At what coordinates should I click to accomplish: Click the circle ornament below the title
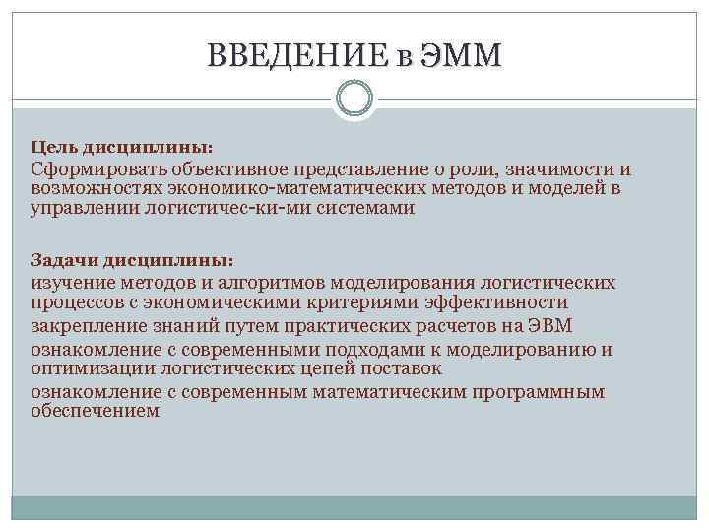(354, 99)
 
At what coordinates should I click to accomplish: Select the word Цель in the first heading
(51, 146)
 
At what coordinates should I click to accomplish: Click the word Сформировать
(91, 170)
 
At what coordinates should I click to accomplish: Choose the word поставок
(404, 368)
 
